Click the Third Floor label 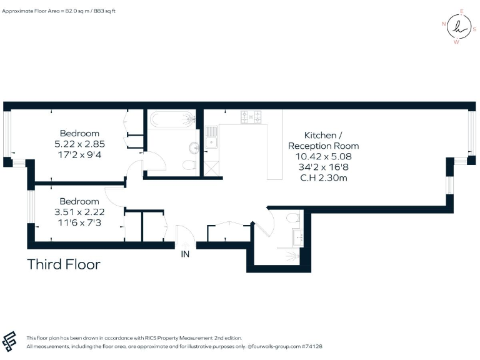click(63, 264)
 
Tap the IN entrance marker click(186, 254)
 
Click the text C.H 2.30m click(323, 178)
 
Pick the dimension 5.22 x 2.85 click(79, 144)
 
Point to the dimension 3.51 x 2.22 click(79, 212)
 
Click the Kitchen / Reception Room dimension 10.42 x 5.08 click(323, 156)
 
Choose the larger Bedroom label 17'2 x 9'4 click(79, 155)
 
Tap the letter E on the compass click(461, 11)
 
